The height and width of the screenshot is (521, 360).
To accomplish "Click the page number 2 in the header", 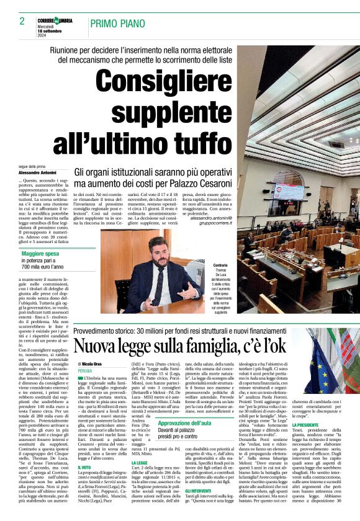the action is pos(14,21).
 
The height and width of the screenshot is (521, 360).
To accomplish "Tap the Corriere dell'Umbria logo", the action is pos(55,20).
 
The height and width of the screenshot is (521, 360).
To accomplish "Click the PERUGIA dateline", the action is pos(86,371).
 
